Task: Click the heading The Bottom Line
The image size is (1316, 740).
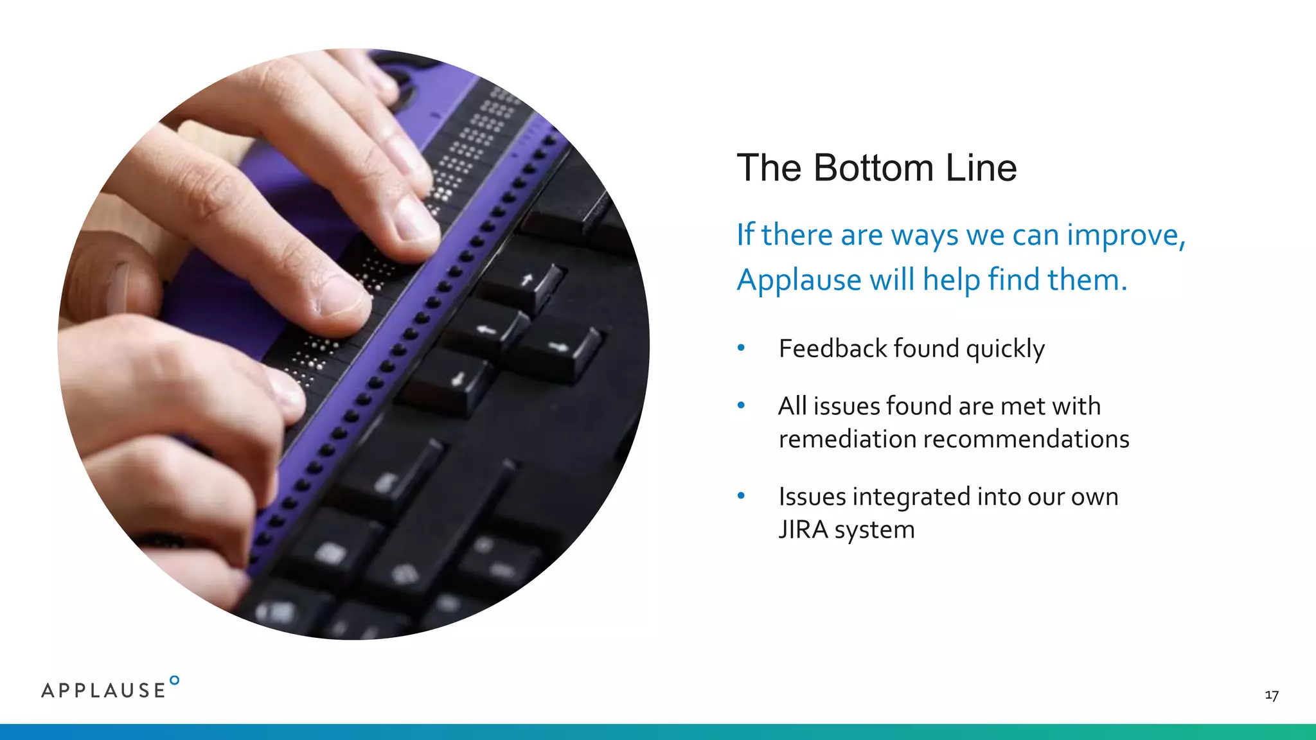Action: click(x=876, y=168)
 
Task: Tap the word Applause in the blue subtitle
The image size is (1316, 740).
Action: click(x=799, y=280)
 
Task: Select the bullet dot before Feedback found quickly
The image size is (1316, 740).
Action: click(x=741, y=348)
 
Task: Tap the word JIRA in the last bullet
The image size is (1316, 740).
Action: click(x=803, y=530)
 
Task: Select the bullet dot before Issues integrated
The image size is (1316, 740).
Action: click(x=741, y=496)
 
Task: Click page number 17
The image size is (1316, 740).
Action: click(x=1271, y=695)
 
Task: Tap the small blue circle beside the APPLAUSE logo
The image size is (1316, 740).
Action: click(x=174, y=680)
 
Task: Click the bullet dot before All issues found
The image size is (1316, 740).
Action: click(x=741, y=405)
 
